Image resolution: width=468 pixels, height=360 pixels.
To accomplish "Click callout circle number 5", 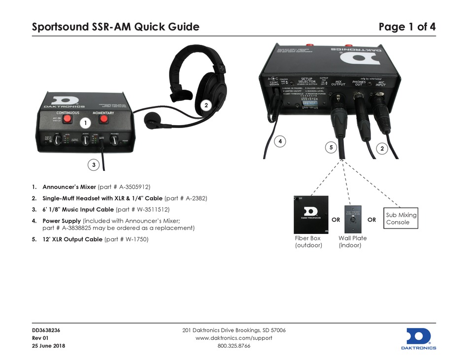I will click(331, 147).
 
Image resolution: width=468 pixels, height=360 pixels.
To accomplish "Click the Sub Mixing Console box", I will click(401, 219).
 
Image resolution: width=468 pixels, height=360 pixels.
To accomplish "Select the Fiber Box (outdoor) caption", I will click(308, 242).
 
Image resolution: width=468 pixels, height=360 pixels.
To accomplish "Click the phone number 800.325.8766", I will click(234, 346).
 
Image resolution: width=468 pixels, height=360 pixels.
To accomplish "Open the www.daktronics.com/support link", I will click(234, 338).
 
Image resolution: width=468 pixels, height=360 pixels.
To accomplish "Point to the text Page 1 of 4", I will click(407, 27).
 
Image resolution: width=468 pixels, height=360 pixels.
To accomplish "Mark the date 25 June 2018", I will click(48, 346).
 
